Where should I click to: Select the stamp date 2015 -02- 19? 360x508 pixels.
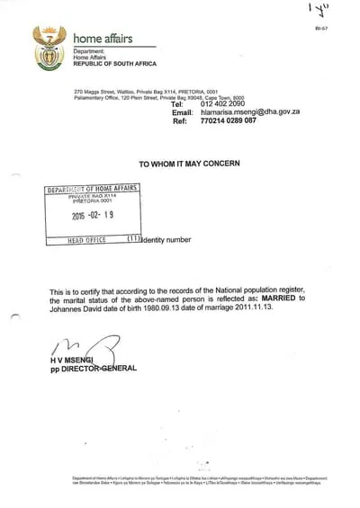(93, 216)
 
